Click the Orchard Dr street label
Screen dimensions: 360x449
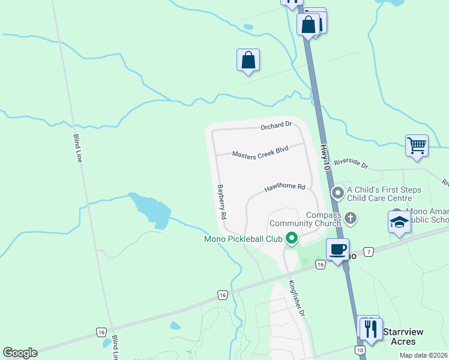276,125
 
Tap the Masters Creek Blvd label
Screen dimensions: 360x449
261,152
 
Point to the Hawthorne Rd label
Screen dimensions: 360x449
285,188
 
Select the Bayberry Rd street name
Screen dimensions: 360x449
221,201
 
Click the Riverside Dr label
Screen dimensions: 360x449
351,162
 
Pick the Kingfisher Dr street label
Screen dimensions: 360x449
297,298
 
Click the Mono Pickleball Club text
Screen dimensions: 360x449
243,239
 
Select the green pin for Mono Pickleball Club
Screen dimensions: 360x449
292,238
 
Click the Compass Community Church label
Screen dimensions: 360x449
324,219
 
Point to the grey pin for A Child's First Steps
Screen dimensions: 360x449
337,193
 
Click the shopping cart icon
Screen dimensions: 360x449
417,145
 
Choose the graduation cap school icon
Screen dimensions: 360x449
399,221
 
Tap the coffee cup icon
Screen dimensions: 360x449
338,249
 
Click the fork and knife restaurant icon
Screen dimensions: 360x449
370,329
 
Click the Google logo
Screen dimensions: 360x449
20,353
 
